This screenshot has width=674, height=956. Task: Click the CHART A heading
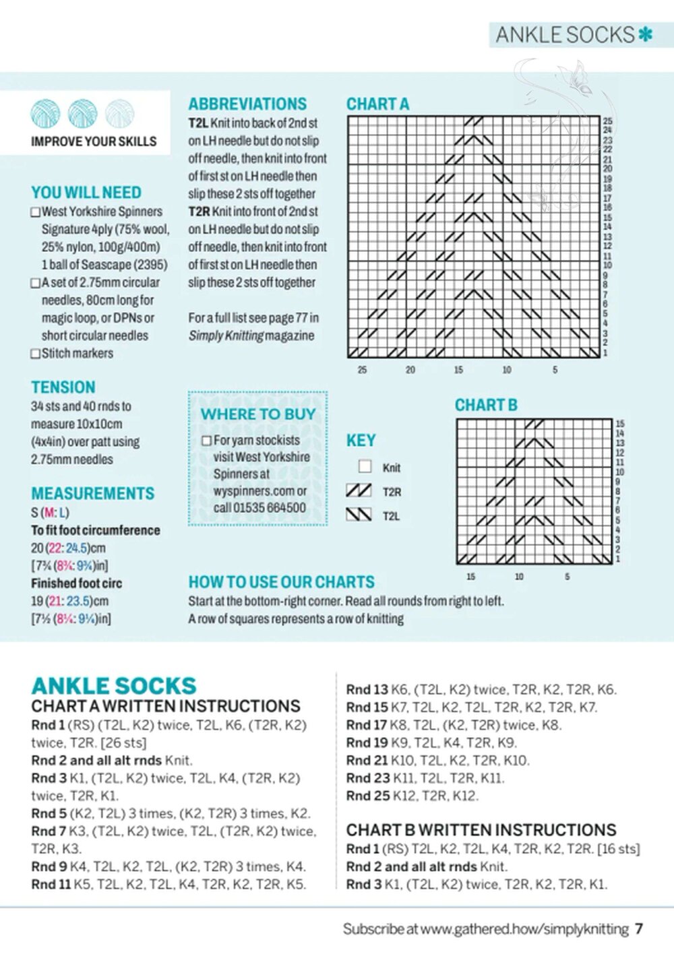click(377, 104)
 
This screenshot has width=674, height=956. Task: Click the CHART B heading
click(486, 405)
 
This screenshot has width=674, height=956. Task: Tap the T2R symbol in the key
click(359, 490)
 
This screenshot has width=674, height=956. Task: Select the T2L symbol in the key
click(359, 515)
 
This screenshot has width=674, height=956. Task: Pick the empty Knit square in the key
click(365, 466)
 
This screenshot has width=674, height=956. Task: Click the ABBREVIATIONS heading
click(247, 104)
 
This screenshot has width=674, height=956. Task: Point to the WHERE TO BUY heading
click(258, 414)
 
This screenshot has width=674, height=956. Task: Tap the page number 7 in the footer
click(639, 929)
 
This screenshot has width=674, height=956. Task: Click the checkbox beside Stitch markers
click(36, 354)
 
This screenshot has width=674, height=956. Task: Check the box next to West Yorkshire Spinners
click(36, 212)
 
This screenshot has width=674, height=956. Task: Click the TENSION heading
click(63, 387)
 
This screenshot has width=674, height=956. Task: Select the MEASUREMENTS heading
click(92, 493)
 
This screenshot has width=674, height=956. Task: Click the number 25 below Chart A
click(362, 370)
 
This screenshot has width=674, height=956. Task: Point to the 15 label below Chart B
click(470, 577)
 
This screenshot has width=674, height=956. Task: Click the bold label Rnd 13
click(367, 689)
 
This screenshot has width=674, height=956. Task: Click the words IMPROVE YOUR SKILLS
click(94, 141)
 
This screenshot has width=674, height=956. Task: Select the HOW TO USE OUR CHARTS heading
click(281, 582)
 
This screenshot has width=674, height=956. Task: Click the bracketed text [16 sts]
click(618, 849)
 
